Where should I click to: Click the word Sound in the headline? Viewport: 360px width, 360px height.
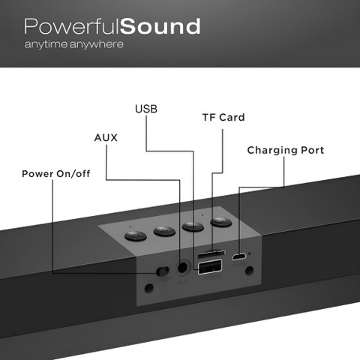[160, 26]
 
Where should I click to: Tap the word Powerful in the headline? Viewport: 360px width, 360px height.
[72, 26]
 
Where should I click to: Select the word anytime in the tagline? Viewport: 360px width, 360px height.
[46, 44]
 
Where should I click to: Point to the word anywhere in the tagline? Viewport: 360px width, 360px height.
[97, 44]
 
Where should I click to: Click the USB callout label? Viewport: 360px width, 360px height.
[146, 109]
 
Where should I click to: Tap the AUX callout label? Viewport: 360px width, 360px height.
[106, 138]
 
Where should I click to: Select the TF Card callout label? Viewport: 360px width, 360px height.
[223, 118]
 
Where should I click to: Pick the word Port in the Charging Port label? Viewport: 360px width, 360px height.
[313, 150]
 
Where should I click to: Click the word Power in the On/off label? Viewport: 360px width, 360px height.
[37, 174]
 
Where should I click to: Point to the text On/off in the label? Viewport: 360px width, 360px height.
[73, 174]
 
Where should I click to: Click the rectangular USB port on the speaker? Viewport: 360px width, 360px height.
[210, 267]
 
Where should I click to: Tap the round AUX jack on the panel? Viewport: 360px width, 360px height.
[183, 268]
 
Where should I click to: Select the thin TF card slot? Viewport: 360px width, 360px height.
[211, 254]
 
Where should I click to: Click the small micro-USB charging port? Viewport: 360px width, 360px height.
[239, 256]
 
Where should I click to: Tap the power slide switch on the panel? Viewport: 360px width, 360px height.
[163, 271]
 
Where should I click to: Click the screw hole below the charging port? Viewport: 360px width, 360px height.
[250, 270]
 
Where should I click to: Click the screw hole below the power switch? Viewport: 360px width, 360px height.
[149, 288]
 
